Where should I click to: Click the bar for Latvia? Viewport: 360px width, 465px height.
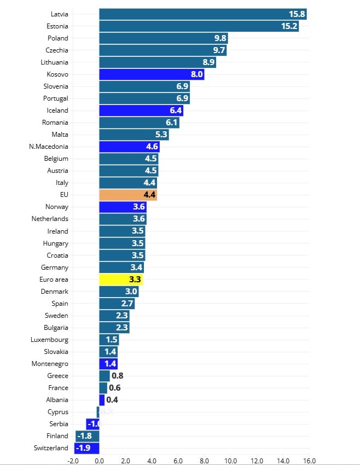tap(202, 14)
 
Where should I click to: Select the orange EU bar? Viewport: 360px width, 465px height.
tap(128, 195)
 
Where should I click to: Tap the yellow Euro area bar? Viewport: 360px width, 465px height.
tap(120, 280)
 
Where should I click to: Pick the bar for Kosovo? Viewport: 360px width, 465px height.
tap(152, 74)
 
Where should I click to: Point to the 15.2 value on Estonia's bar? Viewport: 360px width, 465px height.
tap(289, 26)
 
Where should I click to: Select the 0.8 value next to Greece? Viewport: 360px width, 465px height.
tap(117, 376)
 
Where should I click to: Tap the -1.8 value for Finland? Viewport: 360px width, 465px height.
tap(84, 436)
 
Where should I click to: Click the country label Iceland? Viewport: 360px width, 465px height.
tap(57, 111)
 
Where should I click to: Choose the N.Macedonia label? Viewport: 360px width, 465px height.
tap(49, 147)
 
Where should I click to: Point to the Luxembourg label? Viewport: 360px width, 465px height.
tap(50, 340)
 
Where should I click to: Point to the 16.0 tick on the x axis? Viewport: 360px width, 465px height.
tap(309, 461)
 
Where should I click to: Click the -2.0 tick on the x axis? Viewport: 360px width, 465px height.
tap(73, 461)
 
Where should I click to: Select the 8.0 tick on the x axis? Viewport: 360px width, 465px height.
tap(204, 461)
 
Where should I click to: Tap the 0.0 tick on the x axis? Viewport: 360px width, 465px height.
tap(99, 461)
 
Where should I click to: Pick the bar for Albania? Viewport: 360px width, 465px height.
tap(102, 400)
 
